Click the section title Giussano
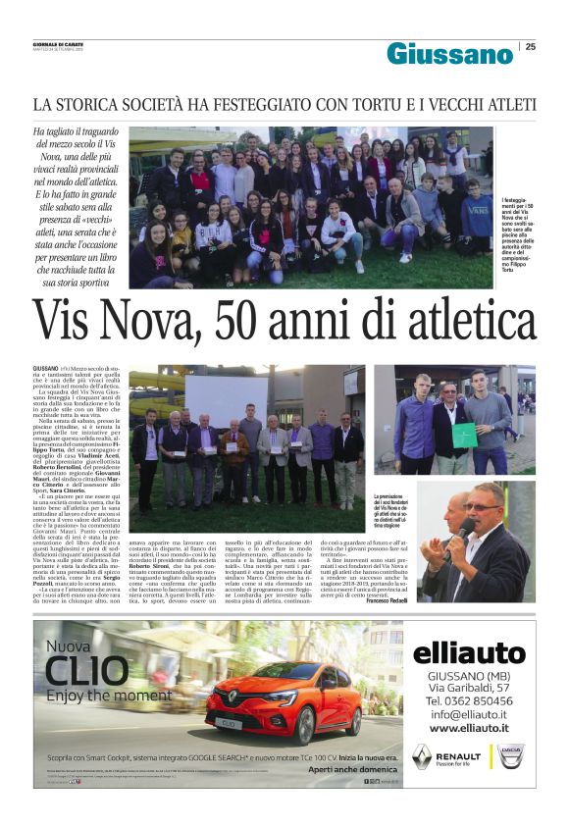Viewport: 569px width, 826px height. click(x=449, y=53)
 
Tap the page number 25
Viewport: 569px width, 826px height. click(x=531, y=46)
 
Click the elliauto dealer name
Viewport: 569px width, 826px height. click(x=469, y=651)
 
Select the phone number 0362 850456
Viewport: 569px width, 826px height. click(x=469, y=701)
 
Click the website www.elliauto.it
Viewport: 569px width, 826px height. click(x=469, y=727)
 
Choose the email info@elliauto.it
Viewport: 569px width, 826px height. click(x=469, y=714)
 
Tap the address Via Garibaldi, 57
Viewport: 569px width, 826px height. click(x=469, y=689)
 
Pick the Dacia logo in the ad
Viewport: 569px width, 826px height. click(x=511, y=755)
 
